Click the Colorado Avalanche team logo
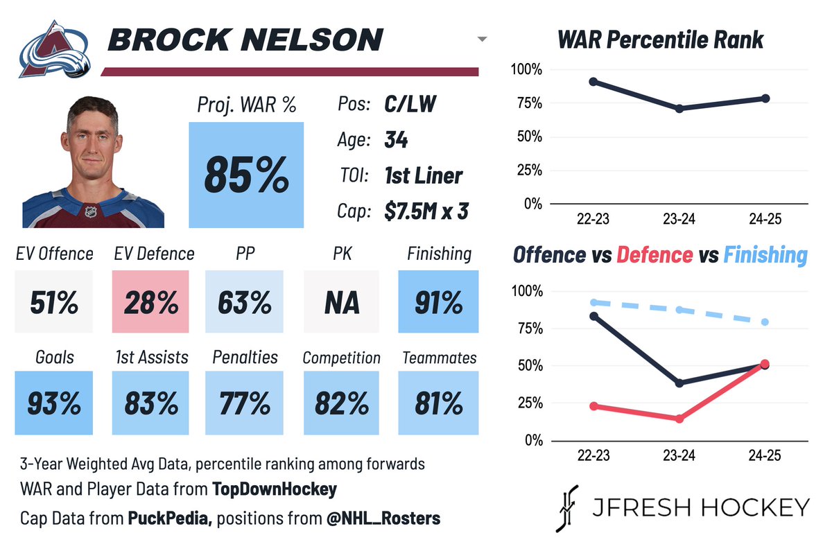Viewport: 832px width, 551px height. [x=54, y=49]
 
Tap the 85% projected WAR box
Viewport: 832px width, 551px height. [x=246, y=175]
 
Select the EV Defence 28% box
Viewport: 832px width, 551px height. [x=150, y=302]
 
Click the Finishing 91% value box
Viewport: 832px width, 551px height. [x=439, y=302]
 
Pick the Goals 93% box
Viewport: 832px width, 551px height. [x=53, y=403]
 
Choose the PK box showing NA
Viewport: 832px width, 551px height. [x=342, y=302]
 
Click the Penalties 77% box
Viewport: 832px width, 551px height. [x=245, y=403]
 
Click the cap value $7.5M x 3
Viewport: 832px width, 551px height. [x=426, y=211]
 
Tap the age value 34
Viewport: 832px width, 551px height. [x=396, y=140]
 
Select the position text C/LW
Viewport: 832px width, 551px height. [x=410, y=104]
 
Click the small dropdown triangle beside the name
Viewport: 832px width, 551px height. [x=483, y=40]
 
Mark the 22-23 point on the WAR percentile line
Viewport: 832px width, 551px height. [x=593, y=82]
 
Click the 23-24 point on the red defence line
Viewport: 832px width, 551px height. [x=679, y=419]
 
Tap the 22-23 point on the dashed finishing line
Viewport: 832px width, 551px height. [x=593, y=302]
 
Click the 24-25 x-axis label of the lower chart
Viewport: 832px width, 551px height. [x=765, y=455]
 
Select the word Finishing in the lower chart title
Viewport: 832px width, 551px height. [x=765, y=255]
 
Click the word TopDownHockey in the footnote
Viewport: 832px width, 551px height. [x=275, y=489]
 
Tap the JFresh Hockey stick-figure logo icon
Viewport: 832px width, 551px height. [x=566, y=508]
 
